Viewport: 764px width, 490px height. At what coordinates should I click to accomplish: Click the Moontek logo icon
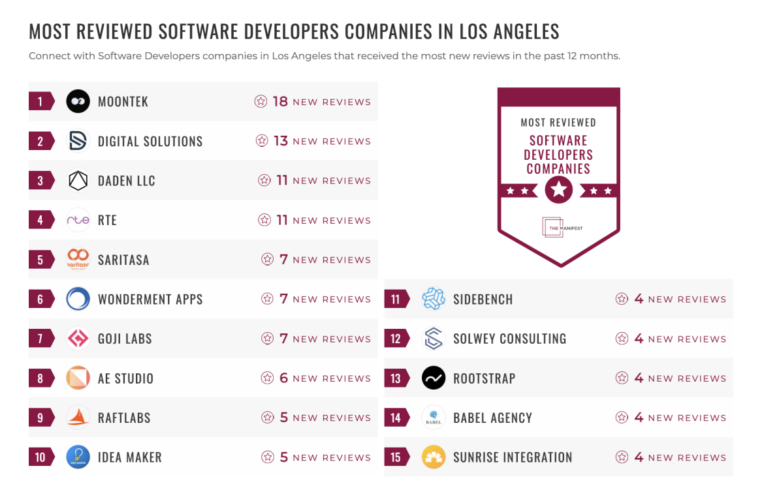pyautogui.click(x=78, y=101)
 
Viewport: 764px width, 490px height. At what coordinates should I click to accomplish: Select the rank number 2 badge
pyautogui.click(x=40, y=141)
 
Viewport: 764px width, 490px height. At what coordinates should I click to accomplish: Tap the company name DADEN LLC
pyautogui.click(x=126, y=181)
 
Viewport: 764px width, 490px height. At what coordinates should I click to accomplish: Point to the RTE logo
pyautogui.click(x=78, y=220)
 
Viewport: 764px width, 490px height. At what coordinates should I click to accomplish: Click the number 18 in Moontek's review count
pyautogui.click(x=280, y=101)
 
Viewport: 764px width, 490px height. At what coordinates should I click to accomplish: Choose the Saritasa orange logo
pyautogui.click(x=78, y=259)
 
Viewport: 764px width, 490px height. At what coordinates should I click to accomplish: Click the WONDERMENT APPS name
pyautogui.click(x=150, y=299)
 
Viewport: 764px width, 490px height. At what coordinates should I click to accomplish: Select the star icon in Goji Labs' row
pyautogui.click(x=267, y=339)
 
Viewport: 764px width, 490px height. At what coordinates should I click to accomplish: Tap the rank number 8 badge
pyautogui.click(x=40, y=378)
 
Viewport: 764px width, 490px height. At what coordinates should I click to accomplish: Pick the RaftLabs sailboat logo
pyautogui.click(x=78, y=418)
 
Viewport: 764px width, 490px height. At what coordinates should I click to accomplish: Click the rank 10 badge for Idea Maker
pyautogui.click(x=40, y=457)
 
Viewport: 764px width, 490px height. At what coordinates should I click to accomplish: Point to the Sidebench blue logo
pyautogui.click(x=434, y=299)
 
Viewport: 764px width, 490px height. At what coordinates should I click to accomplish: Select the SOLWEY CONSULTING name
pyautogui.click(x=509, y=339)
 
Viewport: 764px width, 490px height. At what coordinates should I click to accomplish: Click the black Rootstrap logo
pyautogui.click(x=434, y=378)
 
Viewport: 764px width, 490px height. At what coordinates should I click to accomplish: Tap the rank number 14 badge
pyautogui.click(x=396, y=418)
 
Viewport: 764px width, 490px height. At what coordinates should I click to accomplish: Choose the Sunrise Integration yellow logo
pyautogui.click(x=434, y=457)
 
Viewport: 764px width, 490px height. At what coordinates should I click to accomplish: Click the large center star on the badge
pyautogui.click(x=558, y=191)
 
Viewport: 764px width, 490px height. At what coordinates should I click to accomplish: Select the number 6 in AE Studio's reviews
pyautogui.click(x=283, y=378)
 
